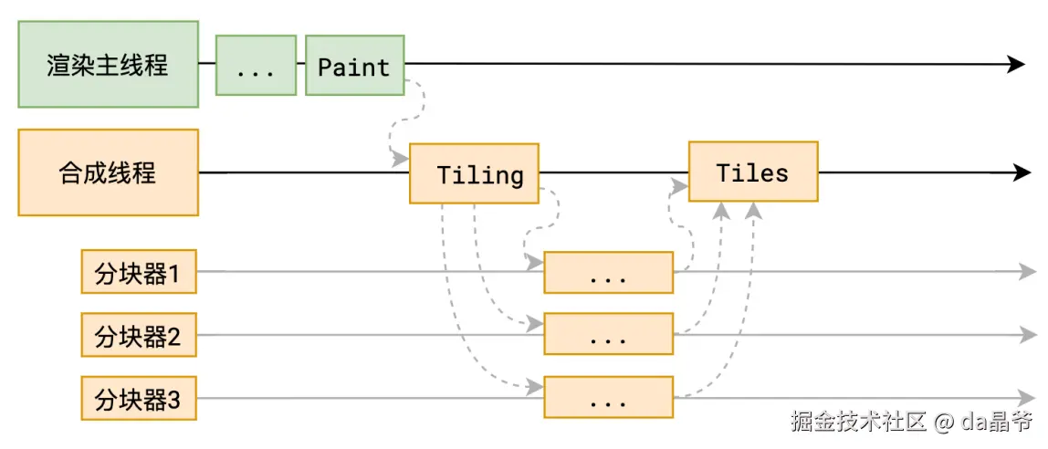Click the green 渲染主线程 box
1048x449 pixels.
tap(109, 64)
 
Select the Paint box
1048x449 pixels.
tap(355, 66)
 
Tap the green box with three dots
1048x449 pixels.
tap(256, 66)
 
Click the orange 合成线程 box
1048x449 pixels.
tap(109, 172)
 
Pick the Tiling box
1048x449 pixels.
tap(475, 172)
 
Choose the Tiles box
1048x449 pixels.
tap(753, 171)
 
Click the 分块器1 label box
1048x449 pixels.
tap(139, 271)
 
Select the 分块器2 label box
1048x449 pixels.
tap(139, 334)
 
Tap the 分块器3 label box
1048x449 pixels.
tap(139, 398)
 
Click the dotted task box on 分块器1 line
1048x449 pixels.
tap(608, 272)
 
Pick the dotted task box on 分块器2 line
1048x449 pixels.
tap(608, 333)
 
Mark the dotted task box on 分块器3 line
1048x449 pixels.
tap(608, 397)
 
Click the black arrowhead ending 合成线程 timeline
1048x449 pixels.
tap(1022, 172)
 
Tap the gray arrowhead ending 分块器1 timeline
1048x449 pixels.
tap(1027, 271)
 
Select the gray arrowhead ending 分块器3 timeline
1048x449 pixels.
tap(1027, 397)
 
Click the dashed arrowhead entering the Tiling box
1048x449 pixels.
tap(401, 160)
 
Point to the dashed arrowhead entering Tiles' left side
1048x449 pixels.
tap(680, 187)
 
